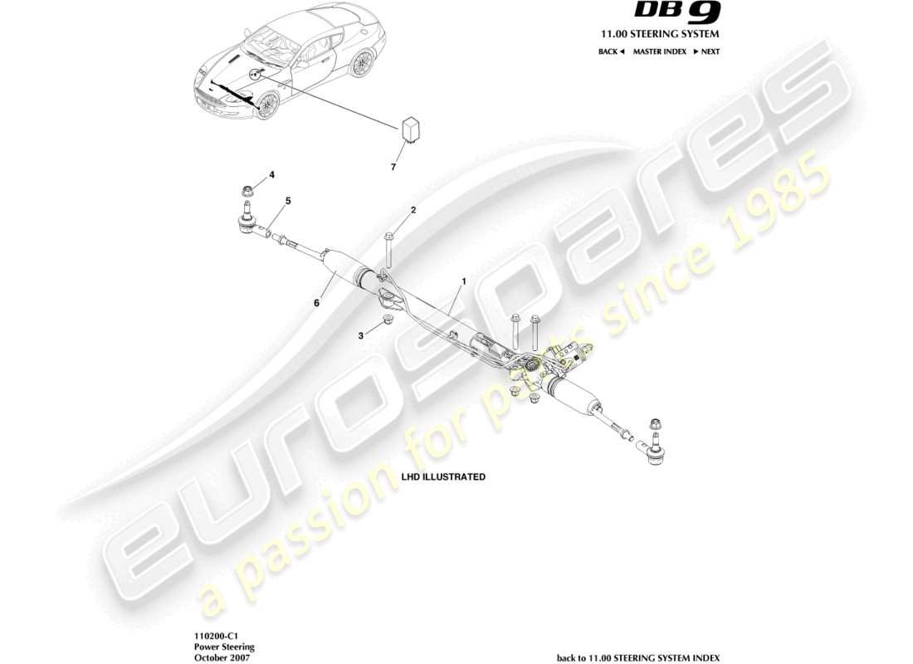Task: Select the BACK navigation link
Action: click(611, 51)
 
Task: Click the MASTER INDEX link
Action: click(660, 51)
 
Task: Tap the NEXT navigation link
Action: click(706, 51)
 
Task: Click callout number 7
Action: click(393, 167)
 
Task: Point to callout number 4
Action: click(271, 175)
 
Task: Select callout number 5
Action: click(288, 200)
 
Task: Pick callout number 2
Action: click(413, 210)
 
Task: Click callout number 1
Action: click(463, 281)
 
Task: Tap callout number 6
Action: click(316, 304)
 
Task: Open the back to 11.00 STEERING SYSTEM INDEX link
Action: click(638, 657)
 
